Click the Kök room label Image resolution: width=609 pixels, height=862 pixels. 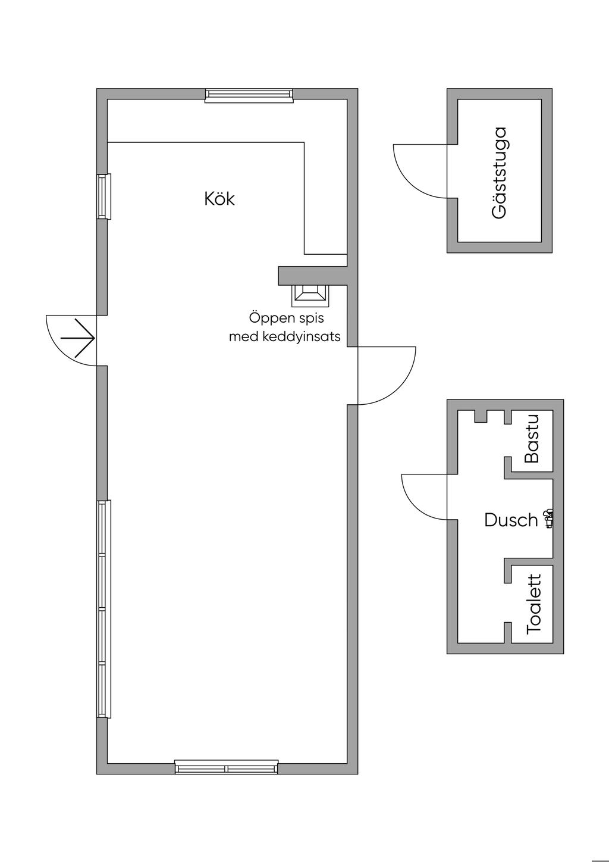[219, 199]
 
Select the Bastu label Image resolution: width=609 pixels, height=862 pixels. [532, 438]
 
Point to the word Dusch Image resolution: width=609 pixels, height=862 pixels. [511, 520]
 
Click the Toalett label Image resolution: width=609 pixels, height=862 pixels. [533, 604]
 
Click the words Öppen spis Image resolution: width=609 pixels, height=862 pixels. [287, 318]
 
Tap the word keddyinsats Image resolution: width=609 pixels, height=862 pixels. [301, 337]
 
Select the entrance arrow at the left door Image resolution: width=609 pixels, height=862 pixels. [78, 338]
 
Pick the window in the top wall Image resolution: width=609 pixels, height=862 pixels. [249, 95]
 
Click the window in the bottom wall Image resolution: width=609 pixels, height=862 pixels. [227, 767]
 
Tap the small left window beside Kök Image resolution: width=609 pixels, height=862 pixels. [103, 196]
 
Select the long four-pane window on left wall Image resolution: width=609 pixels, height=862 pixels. [103, 609]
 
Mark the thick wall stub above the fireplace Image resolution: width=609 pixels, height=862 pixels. [313, 276]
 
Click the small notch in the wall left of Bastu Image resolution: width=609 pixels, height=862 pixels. [480, 416]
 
